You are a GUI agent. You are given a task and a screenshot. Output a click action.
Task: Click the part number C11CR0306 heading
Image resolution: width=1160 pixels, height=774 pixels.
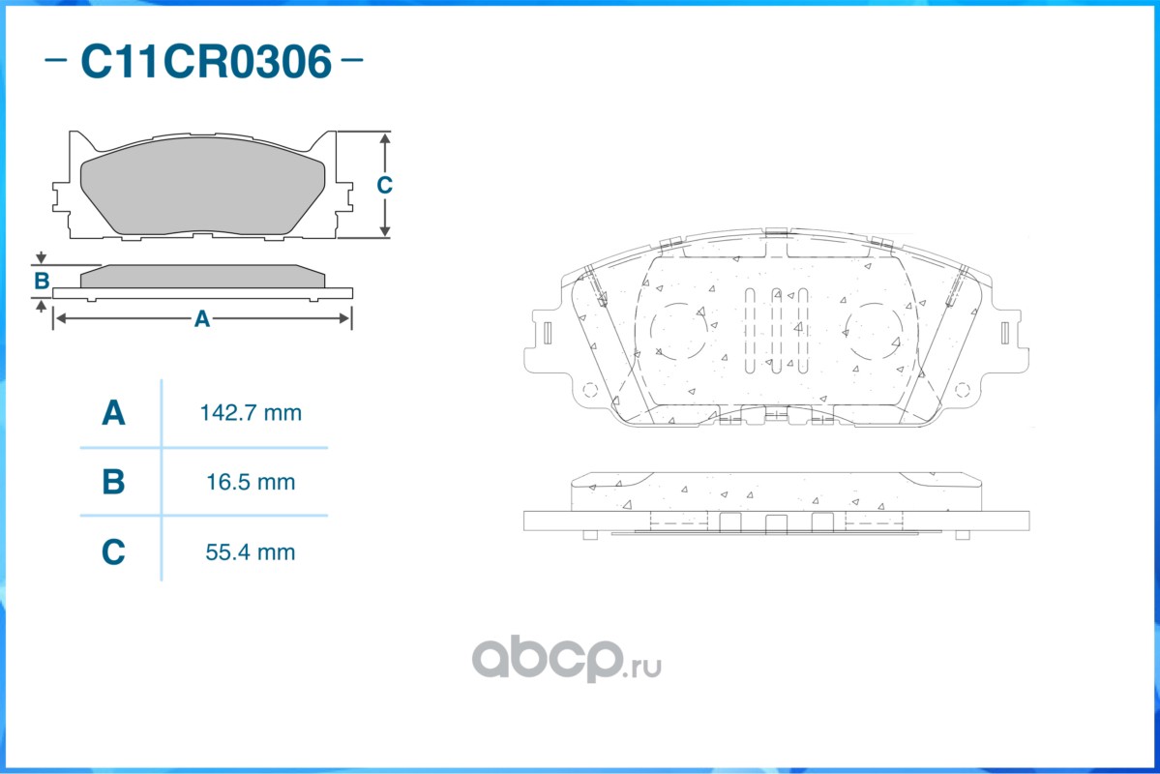point(206,61)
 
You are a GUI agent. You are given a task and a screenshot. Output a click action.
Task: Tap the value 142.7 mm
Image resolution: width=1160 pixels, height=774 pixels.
point(251,413)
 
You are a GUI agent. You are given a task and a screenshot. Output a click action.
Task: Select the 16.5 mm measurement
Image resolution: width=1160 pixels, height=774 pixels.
point(251,483)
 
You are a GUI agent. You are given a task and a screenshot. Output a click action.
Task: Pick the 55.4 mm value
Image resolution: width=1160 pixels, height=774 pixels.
point(250,552)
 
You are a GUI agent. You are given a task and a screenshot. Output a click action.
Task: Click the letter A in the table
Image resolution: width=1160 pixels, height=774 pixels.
point(113,413)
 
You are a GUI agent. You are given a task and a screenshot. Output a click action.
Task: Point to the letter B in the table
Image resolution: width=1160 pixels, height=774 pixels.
point(113,482)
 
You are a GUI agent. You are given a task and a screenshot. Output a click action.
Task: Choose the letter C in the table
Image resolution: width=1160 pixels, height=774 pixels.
point(113,552)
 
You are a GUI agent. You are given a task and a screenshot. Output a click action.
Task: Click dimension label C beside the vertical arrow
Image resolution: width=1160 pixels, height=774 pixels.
point(384,184)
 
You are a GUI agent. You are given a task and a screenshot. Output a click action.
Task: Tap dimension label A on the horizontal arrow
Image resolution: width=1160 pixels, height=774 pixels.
point(202,319)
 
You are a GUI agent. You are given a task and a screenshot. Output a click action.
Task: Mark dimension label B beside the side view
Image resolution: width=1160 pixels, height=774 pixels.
point(42,282)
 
